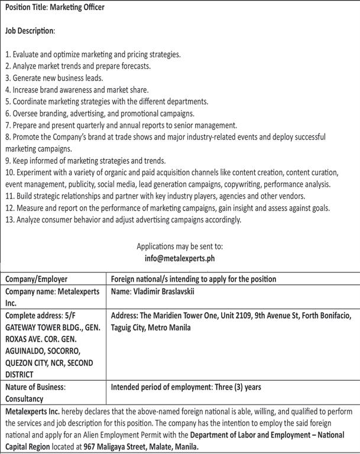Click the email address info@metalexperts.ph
(180, 258)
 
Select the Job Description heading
(30, 30)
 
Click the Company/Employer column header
(37, 279)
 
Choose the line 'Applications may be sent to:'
(180, 246)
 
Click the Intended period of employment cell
(186, 387)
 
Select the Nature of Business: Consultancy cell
(35, 393)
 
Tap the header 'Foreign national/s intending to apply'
(194, 279)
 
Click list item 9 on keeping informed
(85, 161)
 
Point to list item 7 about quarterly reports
(121, 125)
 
